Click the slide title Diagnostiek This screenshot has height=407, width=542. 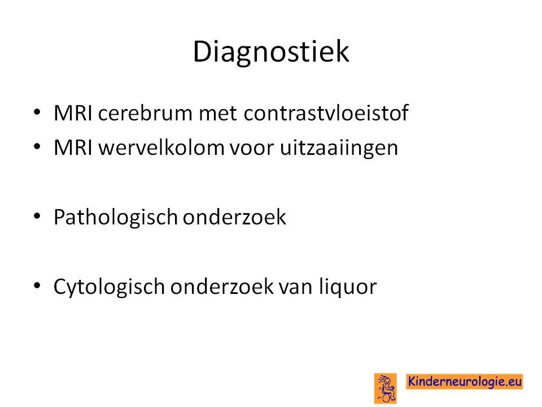(x=270, y=52)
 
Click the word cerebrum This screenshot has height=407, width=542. (x=145, y=113)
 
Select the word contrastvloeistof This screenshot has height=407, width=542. (x=326, y=113)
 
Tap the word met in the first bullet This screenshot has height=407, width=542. (x=218, y=114)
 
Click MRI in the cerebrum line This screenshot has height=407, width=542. (x=73, y=113)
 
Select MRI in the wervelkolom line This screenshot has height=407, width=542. (x=73, y=148)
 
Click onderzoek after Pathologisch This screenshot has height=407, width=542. (x=234, y=217)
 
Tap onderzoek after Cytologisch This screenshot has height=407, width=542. (x=221, y=287)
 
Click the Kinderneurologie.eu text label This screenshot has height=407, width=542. (x=464, y=382)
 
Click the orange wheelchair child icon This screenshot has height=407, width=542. (x=386, y=388)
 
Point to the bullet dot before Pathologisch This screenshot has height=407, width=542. (x=37, y=217)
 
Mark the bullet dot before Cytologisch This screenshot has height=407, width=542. (x=37, y=286)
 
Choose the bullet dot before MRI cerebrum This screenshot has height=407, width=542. (x=37, y=112)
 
